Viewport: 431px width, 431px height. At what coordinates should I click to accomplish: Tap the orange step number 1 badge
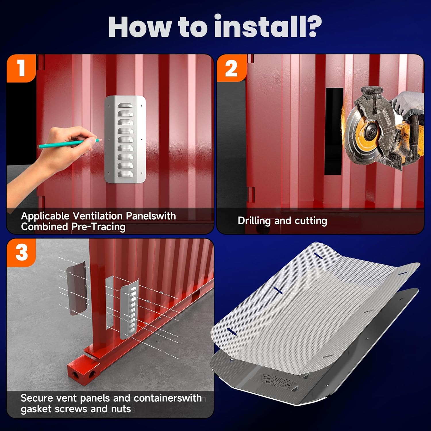(21, 68)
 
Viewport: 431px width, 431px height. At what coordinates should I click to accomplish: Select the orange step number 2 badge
(231, 68)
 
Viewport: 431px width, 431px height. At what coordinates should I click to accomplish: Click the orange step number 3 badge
(22, 253)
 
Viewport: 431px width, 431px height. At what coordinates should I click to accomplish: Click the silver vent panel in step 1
(125, 139)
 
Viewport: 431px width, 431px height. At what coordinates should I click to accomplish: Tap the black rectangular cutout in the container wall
(334, 131)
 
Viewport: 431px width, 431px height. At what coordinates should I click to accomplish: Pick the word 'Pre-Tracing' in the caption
(98, 227)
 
